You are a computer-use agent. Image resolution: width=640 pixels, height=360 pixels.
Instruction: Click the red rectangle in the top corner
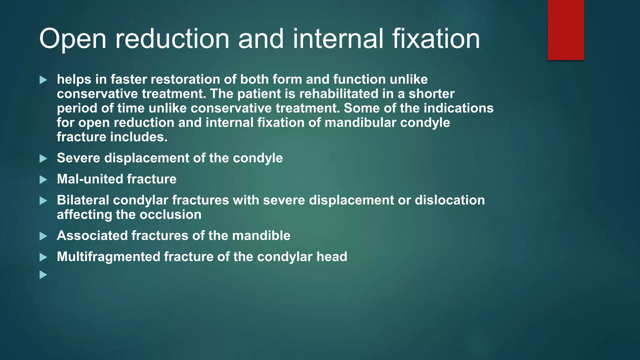point(566,30)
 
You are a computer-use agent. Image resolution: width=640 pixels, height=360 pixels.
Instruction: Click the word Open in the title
point(73,39)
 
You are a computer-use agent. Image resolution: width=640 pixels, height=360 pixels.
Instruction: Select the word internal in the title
point(338,39)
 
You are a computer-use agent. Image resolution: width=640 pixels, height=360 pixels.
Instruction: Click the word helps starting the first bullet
point(74,79)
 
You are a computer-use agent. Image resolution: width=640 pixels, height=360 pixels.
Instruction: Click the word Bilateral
point(83,200)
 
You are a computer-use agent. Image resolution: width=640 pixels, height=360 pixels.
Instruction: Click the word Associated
point(92,235)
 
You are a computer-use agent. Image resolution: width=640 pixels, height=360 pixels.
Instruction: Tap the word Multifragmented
point(108,257)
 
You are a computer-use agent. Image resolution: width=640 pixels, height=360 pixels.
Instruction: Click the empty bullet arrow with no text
point(43,275)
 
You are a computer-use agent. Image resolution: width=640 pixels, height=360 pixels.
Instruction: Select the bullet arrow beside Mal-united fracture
point(43,179)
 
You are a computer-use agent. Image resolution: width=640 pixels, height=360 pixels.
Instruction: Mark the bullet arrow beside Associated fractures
point(43,236)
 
